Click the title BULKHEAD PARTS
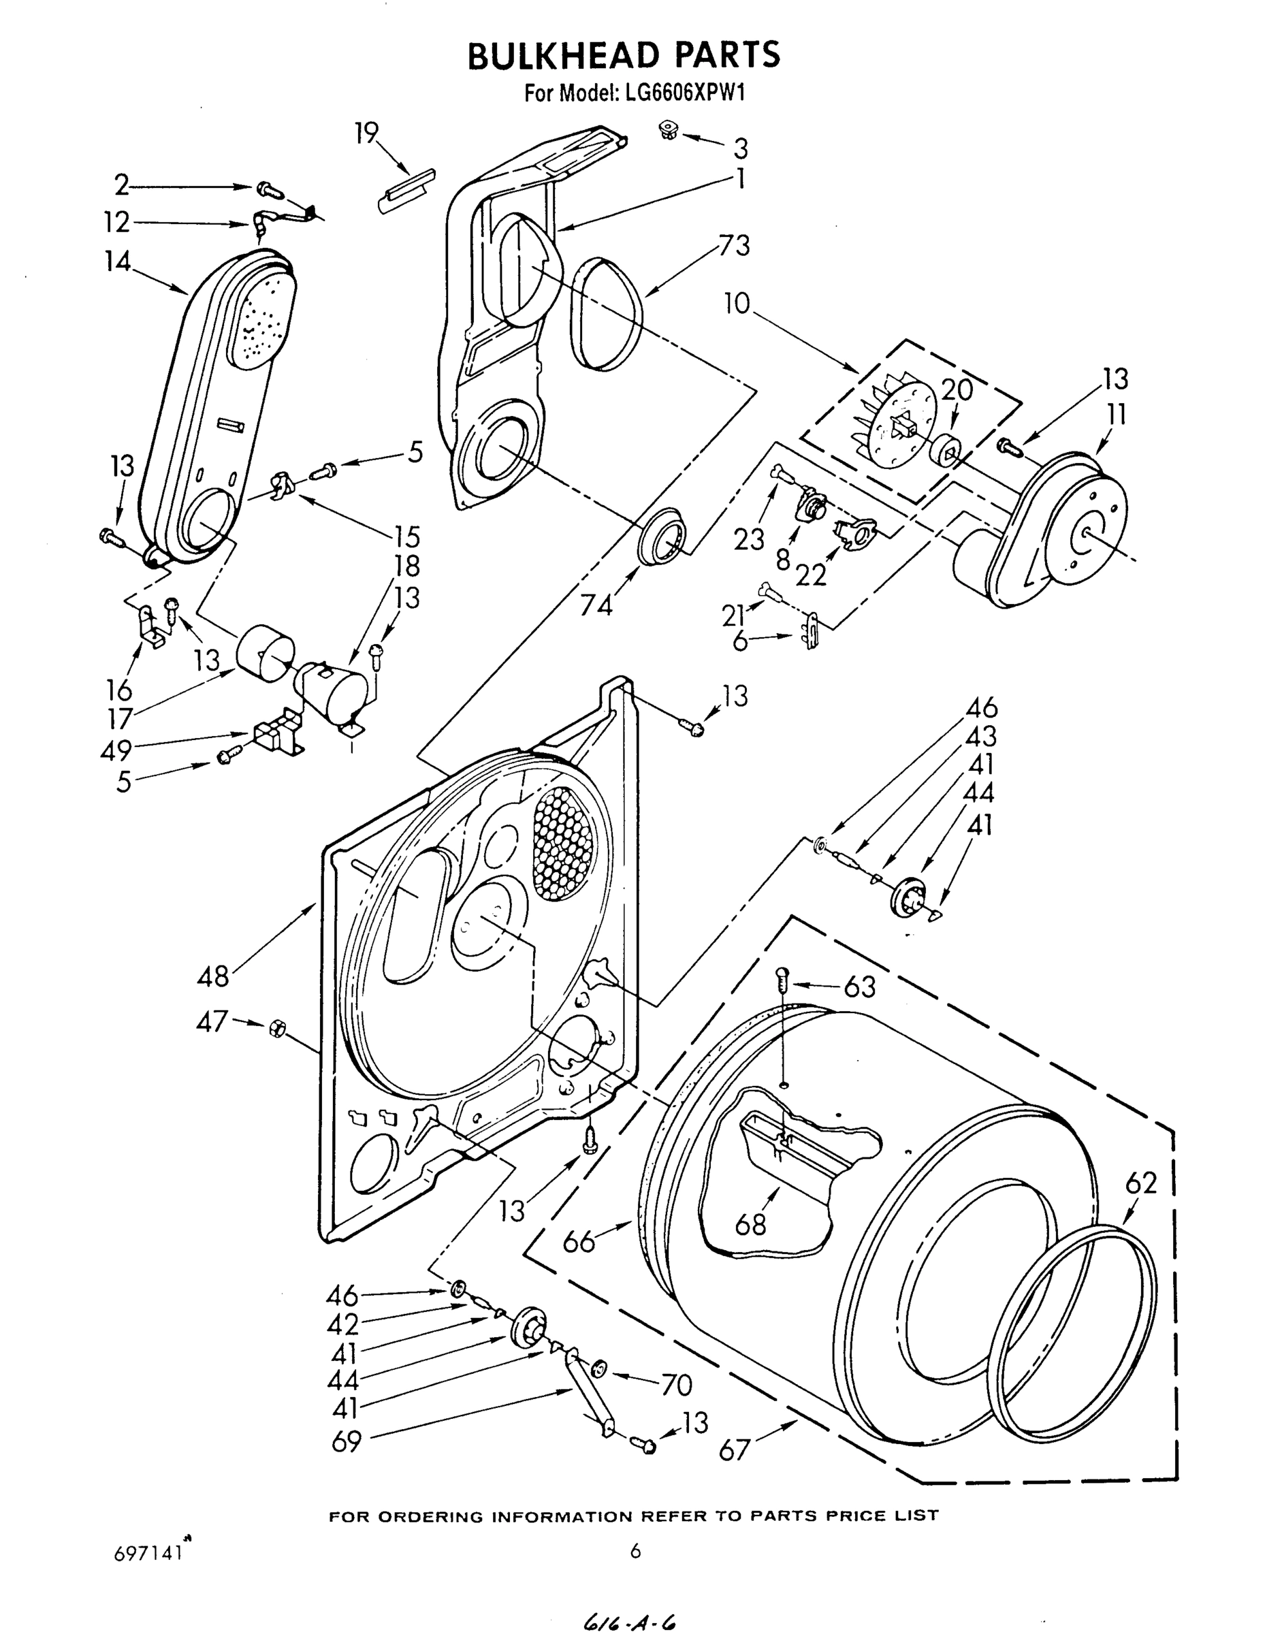point(624,56)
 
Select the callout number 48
point(212,976)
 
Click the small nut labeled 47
point(276,1027)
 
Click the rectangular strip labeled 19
point(405,193)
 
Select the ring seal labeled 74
point(662,534)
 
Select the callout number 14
point(118,261)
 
